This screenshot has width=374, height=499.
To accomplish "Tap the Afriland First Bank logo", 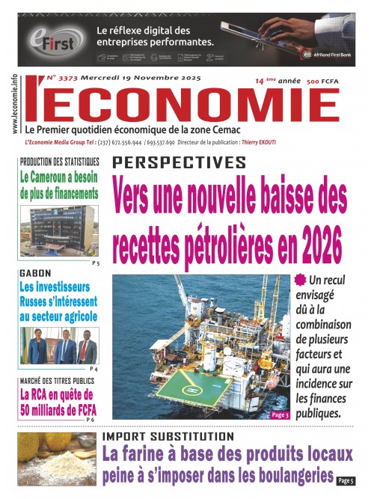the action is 327,55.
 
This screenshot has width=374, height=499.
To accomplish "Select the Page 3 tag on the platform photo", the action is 278,414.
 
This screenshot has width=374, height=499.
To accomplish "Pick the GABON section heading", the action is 36,274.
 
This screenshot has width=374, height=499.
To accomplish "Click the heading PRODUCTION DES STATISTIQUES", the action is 60,162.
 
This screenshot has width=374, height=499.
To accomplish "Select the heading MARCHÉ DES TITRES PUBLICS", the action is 58,382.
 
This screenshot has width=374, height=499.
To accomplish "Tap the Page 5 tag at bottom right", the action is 345,480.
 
